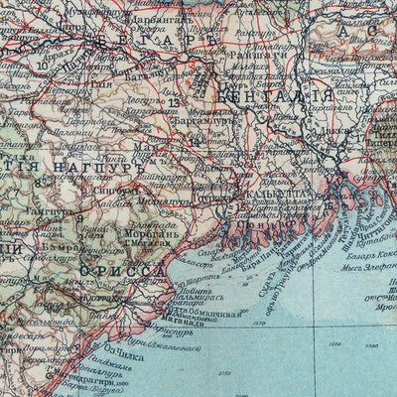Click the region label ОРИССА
tap(123, 271)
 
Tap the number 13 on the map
tap(175, 102)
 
